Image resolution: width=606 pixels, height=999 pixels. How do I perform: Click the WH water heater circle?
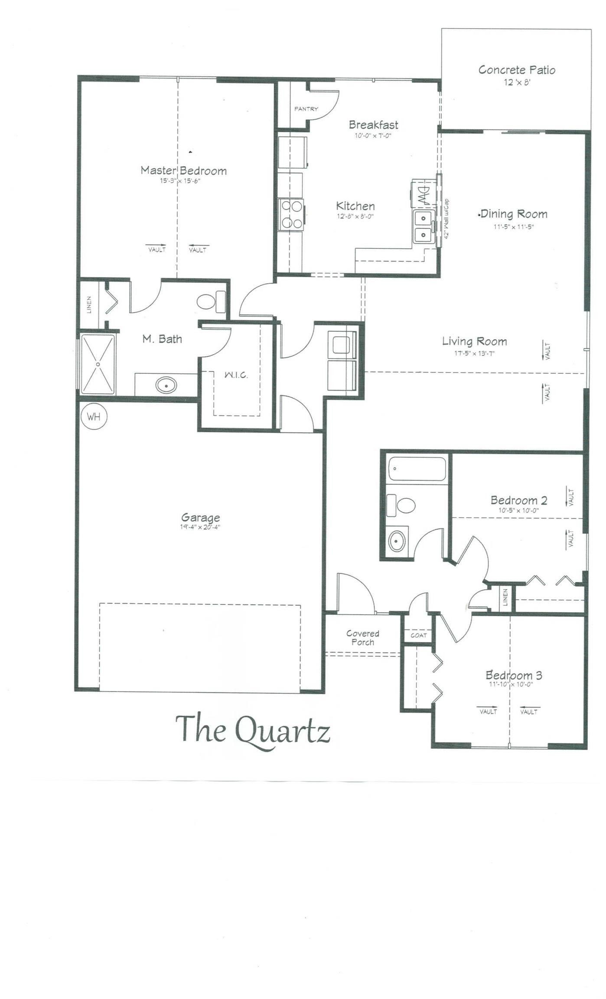pyautogui.click(x=94, y=417)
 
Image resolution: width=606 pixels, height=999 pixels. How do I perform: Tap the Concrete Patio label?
pyautogui.click(x=517, y=70)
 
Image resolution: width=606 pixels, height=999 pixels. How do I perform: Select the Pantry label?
pyautogui.click(x=306, y=109)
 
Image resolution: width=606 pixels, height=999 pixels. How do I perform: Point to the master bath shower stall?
pyautogui.click(x=98, y=364)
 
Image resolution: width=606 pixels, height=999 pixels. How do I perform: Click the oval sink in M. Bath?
pyautogui.click(x=166, y=385)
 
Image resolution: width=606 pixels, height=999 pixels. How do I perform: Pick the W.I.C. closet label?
pyautogui.click(x=236, y=375)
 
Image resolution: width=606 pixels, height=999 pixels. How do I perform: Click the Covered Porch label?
pyautogui.click(x=363, y=638)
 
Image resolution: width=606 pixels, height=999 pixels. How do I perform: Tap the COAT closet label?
pyautogui.click(x=419, y=635)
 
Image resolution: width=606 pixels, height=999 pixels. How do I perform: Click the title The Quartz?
pyautogui.click(x=253, y=730)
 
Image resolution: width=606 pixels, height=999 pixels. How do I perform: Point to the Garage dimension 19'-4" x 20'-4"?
pyautogui.click(x=201, y=527)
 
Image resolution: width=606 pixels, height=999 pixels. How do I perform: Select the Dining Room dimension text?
pyautogui.click(x=514, y=226)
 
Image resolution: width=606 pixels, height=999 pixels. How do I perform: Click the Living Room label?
pyautogui.click(x=474, y=341)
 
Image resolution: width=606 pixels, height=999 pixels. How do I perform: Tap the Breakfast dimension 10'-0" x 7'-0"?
pyautogui.click(x=373, y=135)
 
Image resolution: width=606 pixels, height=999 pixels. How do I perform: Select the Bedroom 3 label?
pyautogui.click(x=514, y=675)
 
